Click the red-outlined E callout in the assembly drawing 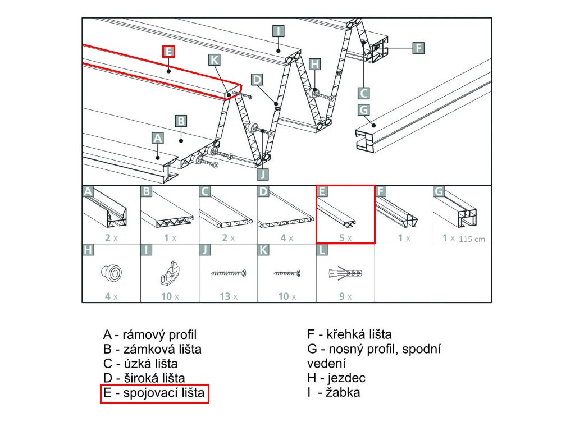click(x=168, y=52)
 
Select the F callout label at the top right click(x=418, y=48)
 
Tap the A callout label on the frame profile click(x=157, y=137)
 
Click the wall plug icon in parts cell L click(x=345, y=273)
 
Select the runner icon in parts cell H click(x=111, y=273)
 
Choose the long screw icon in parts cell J click(x=228, y=273)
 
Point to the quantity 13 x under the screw click(x=228, y=296)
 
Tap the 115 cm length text click(x=472, y=239)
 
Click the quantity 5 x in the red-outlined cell click(x=345, y=238)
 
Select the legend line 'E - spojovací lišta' click(x=155, y=393)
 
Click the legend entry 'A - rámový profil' click(x=150, y=335)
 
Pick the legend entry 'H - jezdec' click(x=336, y=378)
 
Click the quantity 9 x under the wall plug click(x=345, y=296)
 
